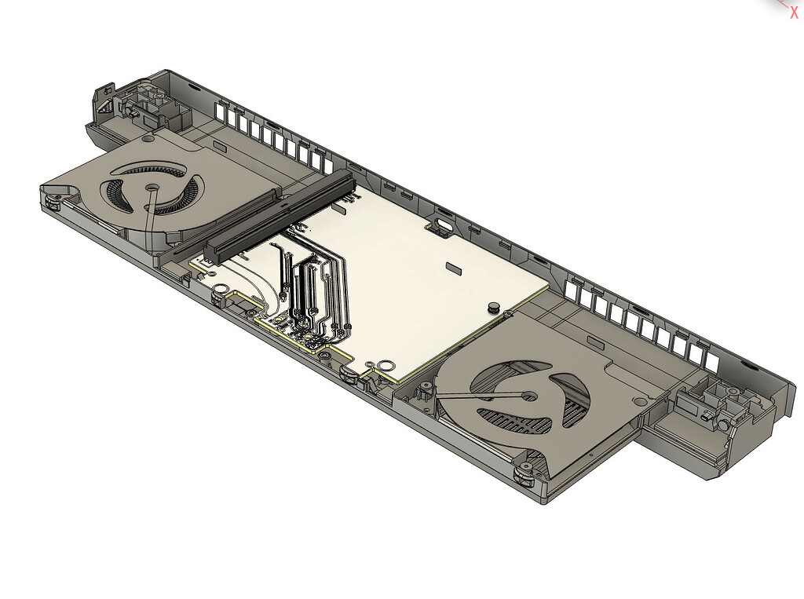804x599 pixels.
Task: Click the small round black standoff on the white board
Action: click(x=495, y=305)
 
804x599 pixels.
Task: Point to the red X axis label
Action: click(x=794, y=11)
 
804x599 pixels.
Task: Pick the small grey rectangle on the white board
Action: click(x=455, y=268)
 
